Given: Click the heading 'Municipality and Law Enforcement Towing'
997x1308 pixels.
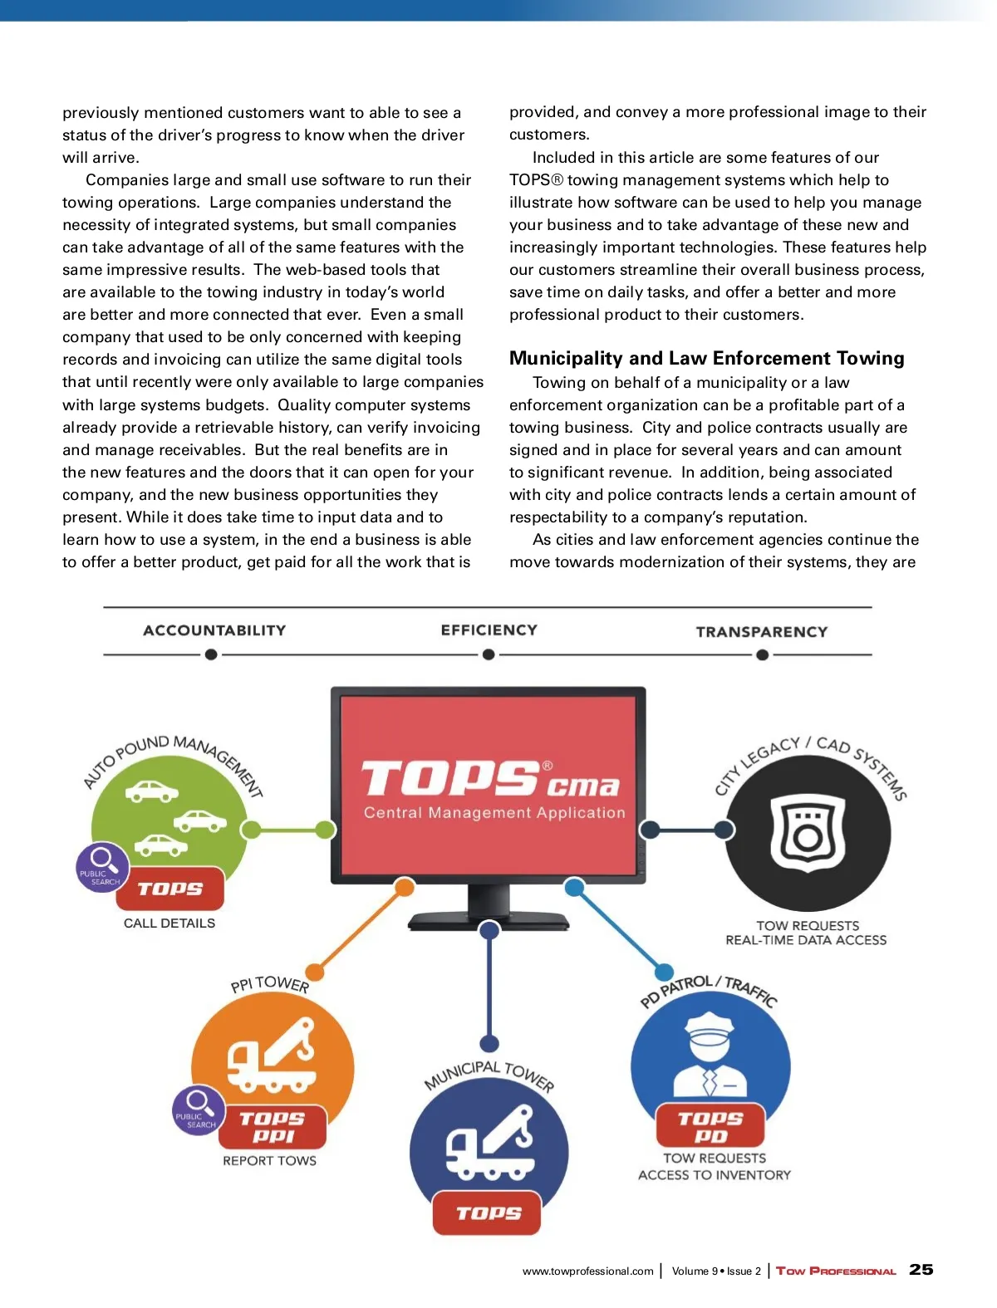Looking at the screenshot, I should click(706, 358).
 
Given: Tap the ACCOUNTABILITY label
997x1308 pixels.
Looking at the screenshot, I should click(214, 630).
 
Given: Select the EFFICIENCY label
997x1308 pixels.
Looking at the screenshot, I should click(489, 630).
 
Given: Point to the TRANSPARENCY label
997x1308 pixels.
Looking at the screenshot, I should click(762, 632).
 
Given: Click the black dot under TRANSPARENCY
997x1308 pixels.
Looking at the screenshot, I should click(762, 655).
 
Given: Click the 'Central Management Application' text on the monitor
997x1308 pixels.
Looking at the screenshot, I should click(494, 813).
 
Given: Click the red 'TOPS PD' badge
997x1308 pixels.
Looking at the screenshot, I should click(710, 1127).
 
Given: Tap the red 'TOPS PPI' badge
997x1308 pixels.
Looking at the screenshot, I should click(273, 1127).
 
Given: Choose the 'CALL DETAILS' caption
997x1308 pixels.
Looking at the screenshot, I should click(169, 923).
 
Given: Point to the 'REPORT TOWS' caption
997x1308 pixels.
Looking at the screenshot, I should click(269, 1161).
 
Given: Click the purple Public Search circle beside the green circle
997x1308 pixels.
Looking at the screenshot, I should click(103, 867).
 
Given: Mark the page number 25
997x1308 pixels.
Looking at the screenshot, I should click(921, 1270).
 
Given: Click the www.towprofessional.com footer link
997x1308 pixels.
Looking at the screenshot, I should click(587, 1271).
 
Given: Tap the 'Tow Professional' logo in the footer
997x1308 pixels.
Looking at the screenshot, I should click(836, 1271).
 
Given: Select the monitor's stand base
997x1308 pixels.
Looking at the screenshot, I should click(489, 921).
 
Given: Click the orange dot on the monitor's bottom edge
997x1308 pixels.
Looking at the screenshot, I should click(405, 887).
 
